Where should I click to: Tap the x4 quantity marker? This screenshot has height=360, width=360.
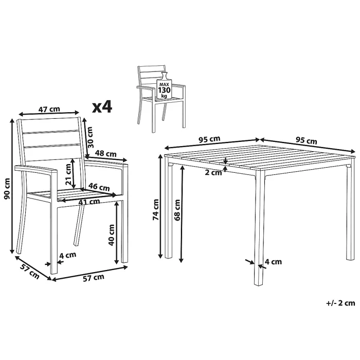coord(102,106)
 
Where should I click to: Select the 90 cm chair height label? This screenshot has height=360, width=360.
coord(7,189)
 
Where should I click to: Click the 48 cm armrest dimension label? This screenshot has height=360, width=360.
coord(106,154)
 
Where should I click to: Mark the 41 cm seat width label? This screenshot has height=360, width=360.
coord(88,201)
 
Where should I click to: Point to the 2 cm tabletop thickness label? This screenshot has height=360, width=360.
coord(213,172)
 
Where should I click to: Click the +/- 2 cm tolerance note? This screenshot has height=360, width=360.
coord(340,303)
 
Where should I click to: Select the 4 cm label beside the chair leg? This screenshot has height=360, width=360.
coord(67,255)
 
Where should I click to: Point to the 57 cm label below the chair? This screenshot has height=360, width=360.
coord(94,277)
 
